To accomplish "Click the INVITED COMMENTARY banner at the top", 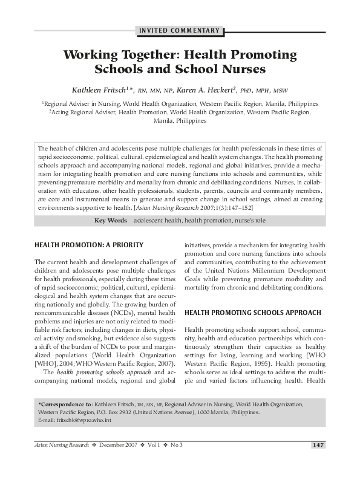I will [x=180, y=30].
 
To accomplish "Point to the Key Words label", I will [x=110, y=221].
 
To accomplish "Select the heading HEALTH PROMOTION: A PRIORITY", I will [x=89, y=245].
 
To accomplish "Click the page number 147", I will [x=318, y=446].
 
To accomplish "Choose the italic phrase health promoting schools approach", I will [x=93, y=372].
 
